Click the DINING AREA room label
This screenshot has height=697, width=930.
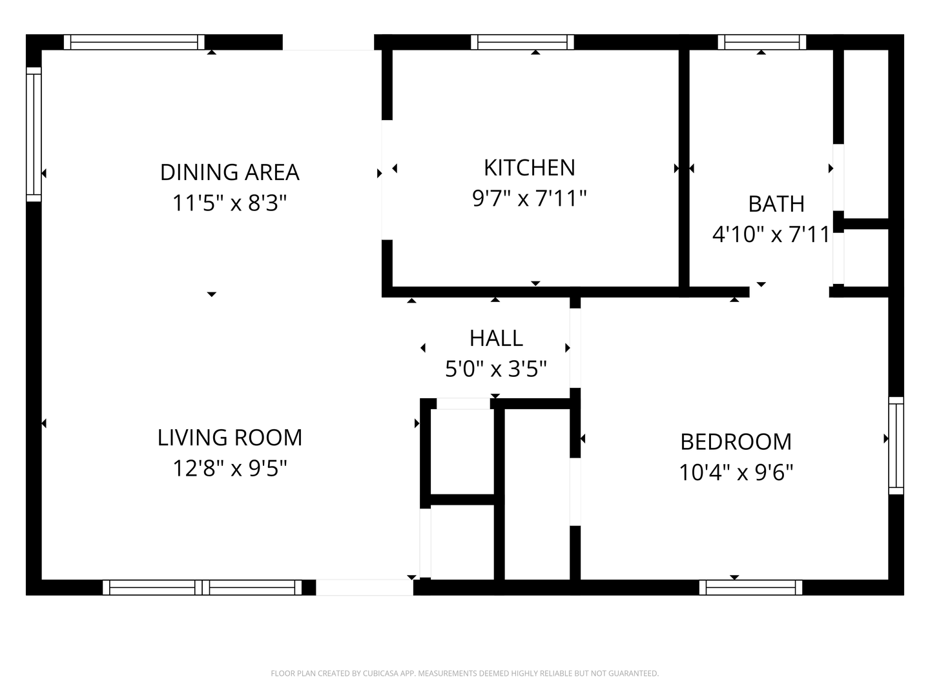230,172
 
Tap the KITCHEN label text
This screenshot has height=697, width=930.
530,168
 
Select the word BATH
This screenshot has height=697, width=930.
776,204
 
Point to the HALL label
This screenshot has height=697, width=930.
496,338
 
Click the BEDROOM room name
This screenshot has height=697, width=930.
736,442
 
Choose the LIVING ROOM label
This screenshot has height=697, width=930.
230,438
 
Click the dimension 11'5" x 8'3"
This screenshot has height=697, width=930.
230,203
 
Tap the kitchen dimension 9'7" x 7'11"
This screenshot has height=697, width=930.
530,198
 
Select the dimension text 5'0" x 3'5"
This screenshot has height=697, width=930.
496,369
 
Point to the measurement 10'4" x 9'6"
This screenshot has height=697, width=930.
736,472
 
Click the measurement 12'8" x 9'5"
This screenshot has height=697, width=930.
230,469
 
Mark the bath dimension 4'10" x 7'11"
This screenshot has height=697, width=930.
771,234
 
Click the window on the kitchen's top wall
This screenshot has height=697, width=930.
522,43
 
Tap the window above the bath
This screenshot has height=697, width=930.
762,43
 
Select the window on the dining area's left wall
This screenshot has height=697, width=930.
34,134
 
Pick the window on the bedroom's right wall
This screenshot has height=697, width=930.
896,445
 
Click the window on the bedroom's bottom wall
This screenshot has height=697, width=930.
750,587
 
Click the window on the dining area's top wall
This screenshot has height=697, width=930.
134,43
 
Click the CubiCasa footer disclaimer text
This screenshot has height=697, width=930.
465,673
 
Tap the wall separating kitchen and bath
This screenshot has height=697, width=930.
684,168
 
